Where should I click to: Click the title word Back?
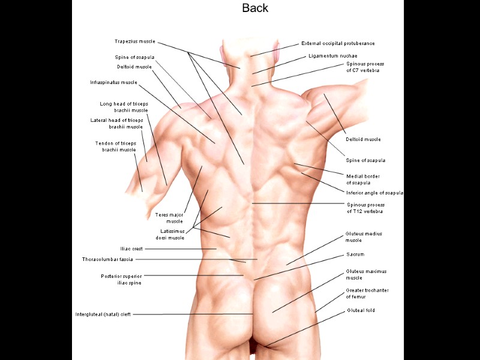[255, 8]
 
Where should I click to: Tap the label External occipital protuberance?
[338, 44]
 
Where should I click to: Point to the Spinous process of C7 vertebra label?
[365, 67]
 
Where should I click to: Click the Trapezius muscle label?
[134, 41]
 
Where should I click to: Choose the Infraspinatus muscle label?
[113, 82]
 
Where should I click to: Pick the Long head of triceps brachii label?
[124, 107]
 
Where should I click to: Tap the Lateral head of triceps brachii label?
[117, 123]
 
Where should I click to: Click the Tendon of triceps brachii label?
[115, 146]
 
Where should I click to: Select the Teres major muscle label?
[169, 217]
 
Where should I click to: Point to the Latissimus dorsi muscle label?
[170, 234]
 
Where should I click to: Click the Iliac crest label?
[132, 248]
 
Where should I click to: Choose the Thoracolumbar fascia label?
[107, 259]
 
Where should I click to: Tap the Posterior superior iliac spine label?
[121, 279]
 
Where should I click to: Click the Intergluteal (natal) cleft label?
[103, 314]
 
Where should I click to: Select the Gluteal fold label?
[362, 311]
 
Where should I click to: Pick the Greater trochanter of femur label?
[367, 293]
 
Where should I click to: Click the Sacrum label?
[355, 254]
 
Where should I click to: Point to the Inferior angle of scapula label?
[374, 193]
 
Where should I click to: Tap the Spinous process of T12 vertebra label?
[365, 208]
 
